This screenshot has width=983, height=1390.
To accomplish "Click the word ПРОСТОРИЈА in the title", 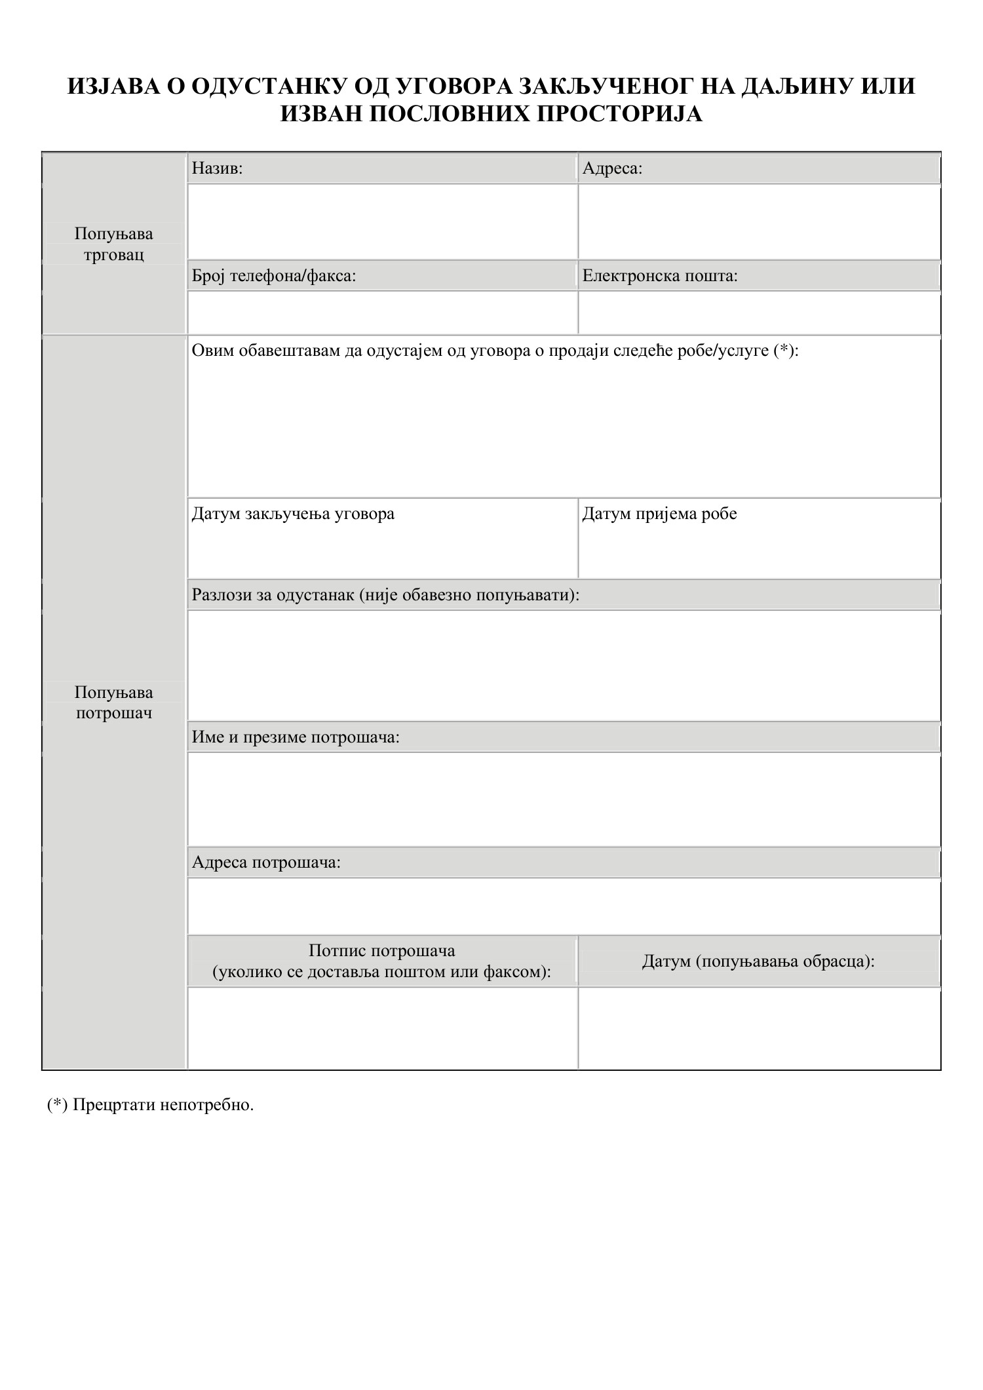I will coord(619,114).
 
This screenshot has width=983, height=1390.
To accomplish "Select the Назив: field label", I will coord(217,169).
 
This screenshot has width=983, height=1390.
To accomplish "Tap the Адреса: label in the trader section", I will coord(612,169).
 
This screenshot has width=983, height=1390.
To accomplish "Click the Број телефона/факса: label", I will coord(274,276).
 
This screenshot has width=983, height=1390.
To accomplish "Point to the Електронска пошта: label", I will coord(660,276).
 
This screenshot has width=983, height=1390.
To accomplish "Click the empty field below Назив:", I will coord(382,222).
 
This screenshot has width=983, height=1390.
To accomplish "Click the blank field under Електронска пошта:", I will coord(759,313).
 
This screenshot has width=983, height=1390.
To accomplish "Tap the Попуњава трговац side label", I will coord(114,244).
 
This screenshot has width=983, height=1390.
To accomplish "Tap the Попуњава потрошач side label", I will coord(114,703).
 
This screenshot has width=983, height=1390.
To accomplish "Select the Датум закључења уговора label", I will coord(293,514).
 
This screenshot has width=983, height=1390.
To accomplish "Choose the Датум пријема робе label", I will coord(659,514).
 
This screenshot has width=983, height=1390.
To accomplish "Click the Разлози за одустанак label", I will coord(385,595).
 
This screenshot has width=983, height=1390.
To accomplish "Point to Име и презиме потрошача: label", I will coord(296,737).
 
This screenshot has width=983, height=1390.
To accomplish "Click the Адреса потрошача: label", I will coord(266,862).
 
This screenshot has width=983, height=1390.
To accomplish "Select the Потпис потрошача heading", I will coord(381,951).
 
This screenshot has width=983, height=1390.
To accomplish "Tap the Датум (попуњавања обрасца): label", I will coord(758,961).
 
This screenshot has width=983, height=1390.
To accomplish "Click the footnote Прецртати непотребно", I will coord(163,1105).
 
